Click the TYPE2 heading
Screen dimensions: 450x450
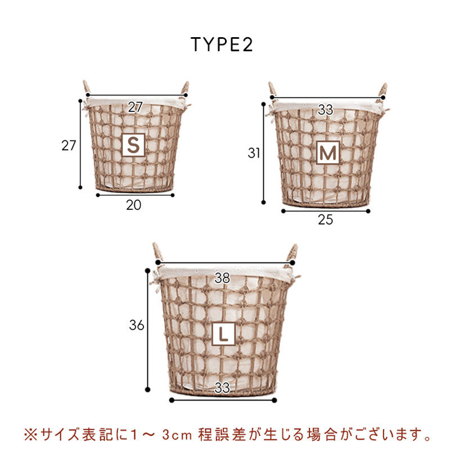click(222, 45)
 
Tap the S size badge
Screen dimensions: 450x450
click(133, 145)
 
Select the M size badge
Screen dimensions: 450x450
click(328, 152)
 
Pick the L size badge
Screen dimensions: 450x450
click(223, 334)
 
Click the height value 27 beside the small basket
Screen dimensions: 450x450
click(69, 146)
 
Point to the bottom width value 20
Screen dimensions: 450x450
click(134, 205)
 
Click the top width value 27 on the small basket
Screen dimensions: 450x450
click(135, 107)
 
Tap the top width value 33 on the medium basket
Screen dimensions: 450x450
click(326, 110)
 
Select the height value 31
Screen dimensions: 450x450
click(254, 153)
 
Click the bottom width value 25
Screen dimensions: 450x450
click(326, 220)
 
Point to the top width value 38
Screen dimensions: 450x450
click(222, 278)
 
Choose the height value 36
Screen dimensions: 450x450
click(137, 325)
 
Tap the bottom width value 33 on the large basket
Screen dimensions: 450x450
click(222, 388)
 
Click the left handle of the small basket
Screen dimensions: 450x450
click(87, 87)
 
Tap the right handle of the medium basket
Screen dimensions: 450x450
click(383, 90)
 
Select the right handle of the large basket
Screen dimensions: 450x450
click(292, 253)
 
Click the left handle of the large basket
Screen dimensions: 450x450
click(157, 251)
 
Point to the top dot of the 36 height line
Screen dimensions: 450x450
click(148, 271)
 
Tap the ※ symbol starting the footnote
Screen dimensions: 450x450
click(31, 435)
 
